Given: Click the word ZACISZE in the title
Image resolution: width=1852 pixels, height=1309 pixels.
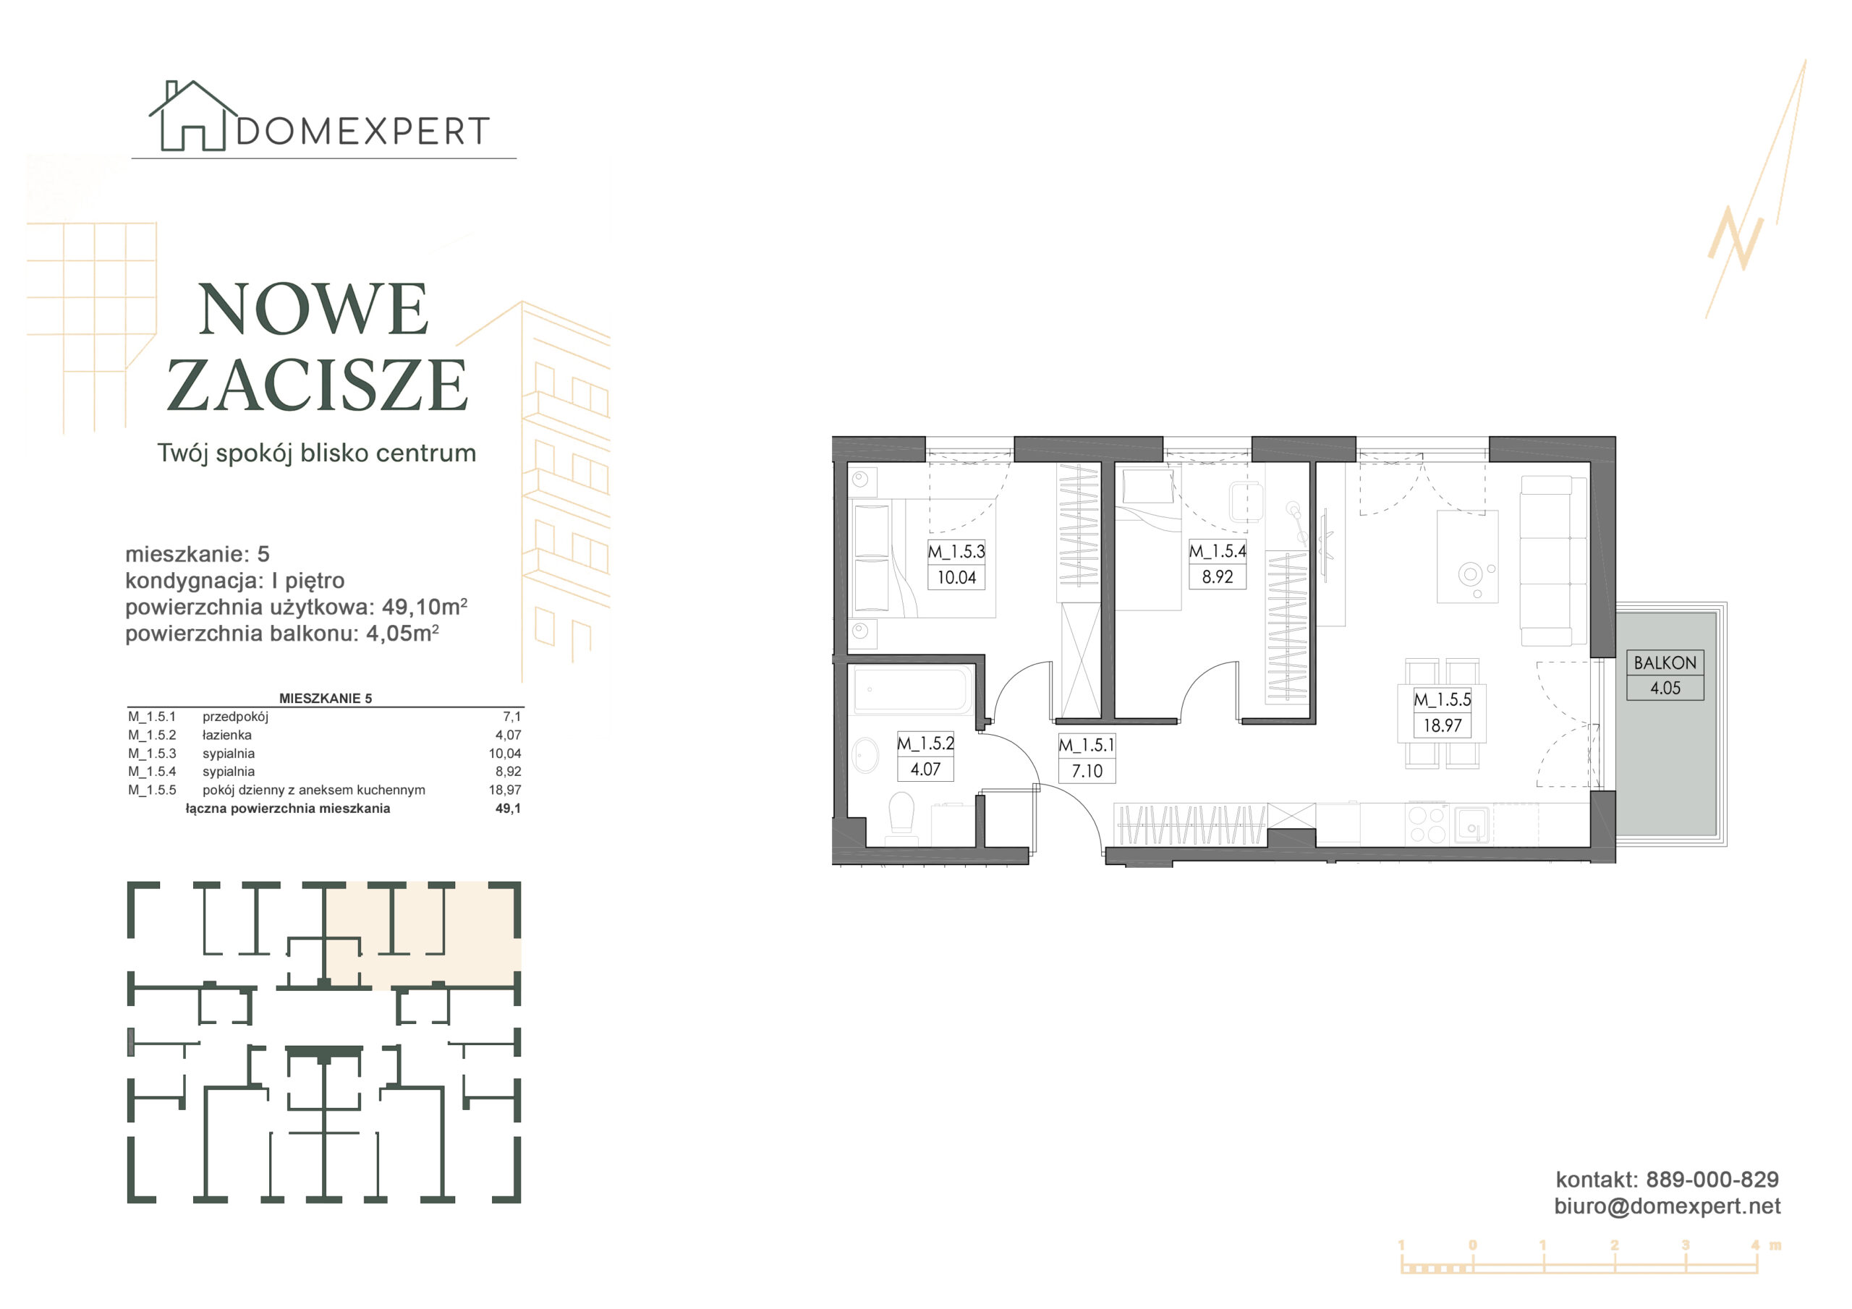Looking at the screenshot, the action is [317, 385].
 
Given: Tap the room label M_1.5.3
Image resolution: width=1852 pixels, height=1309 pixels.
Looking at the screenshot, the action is [956, 552].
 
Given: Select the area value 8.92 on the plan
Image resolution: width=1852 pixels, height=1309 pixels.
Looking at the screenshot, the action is [1218, 576].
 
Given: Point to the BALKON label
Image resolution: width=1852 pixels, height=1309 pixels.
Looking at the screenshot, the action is [1665, 662].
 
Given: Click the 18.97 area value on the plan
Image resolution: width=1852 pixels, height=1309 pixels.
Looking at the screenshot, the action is [1443, 725].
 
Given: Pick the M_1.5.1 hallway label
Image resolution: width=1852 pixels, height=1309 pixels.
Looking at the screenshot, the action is [1087, 745].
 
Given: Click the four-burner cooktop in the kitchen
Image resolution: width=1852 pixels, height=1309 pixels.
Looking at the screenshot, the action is [1426, 824].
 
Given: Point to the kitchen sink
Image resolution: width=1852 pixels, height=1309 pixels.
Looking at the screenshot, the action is [1472, 824].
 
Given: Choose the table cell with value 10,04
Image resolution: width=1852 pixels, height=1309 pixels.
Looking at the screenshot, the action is [505, 754].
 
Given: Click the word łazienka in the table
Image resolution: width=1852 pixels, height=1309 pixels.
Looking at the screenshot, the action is [226, 735].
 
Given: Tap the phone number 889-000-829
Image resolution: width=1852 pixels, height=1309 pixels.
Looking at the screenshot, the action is [1712, 1179].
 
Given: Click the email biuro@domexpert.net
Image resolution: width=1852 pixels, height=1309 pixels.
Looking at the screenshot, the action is [1668, 1206].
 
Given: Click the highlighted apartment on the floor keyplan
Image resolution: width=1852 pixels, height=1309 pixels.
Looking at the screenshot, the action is [422, 936].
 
